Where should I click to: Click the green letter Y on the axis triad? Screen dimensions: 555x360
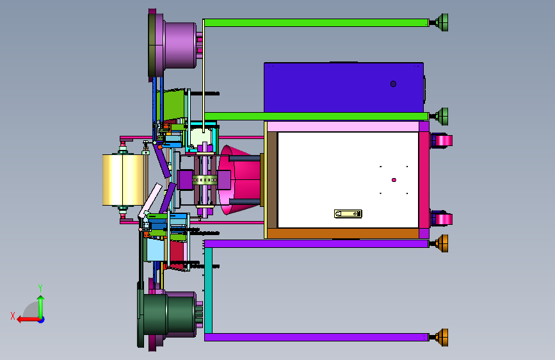coord(40,288)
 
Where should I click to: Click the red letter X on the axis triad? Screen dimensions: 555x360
coord(13,316)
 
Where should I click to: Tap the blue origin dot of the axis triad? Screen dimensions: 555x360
coord(42,320)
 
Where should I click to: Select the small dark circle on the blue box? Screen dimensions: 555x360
coord(393,84)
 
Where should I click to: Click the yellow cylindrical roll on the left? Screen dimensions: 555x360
coord(123,179)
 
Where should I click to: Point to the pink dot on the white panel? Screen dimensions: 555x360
coord(394,180)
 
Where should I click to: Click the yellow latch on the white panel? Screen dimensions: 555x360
coord(348,214)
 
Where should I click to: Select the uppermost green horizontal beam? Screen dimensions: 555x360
coord(316,23)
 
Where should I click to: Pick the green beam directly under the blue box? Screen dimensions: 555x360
coord(316,116)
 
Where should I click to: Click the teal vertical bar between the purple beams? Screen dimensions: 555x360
coord(209,290)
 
